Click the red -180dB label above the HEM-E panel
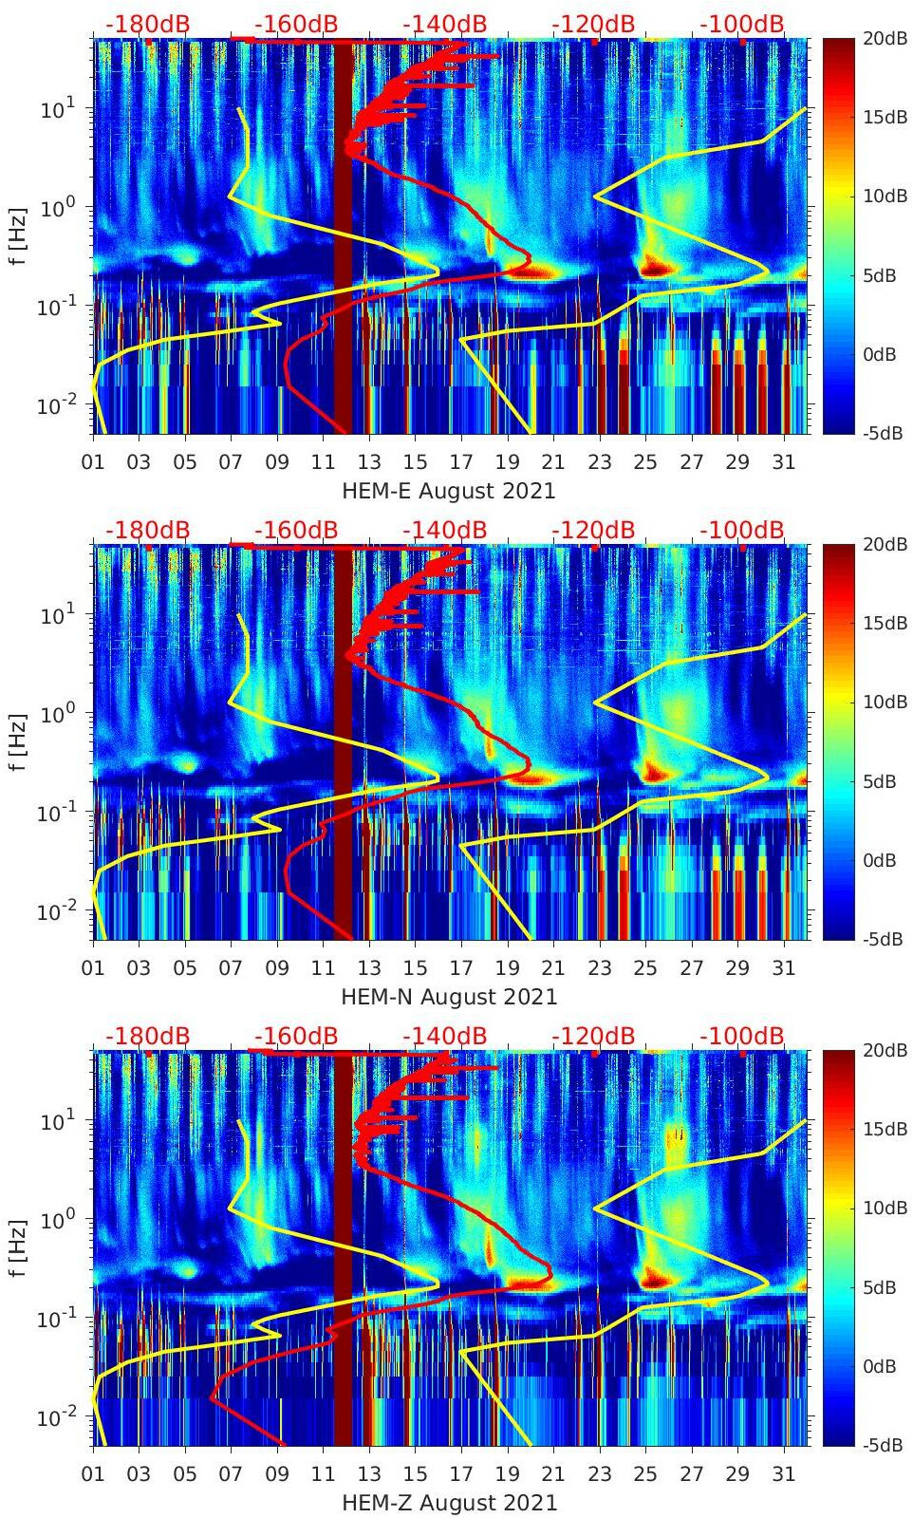click(147, 24)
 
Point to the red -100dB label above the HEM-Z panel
click(742, 1036)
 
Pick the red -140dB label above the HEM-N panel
click(444, 530)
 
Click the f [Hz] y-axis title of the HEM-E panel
click(18, 235)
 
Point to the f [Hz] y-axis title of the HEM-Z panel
click(18, 1247)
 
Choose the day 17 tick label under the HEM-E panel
click(461, 462)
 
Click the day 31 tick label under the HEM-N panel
click(783, 968)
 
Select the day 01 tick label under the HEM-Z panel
click(93, 1474)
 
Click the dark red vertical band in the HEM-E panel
click(343, 237)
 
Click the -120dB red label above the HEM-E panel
click(593, 24)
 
